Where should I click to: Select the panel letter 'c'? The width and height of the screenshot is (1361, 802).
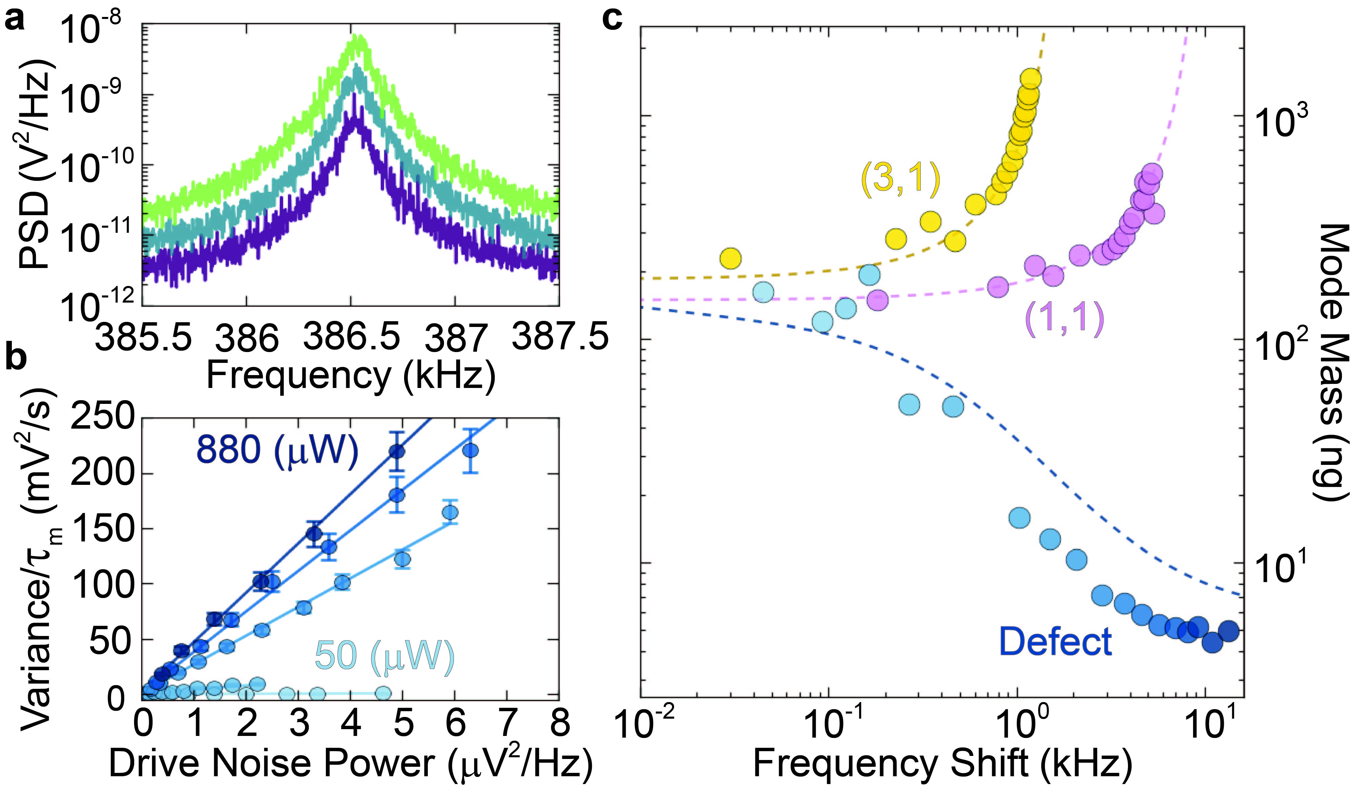coord(612,21)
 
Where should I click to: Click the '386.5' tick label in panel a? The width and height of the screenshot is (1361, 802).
coord(351,336)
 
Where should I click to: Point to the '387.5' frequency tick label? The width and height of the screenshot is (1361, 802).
coord(560,336)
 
